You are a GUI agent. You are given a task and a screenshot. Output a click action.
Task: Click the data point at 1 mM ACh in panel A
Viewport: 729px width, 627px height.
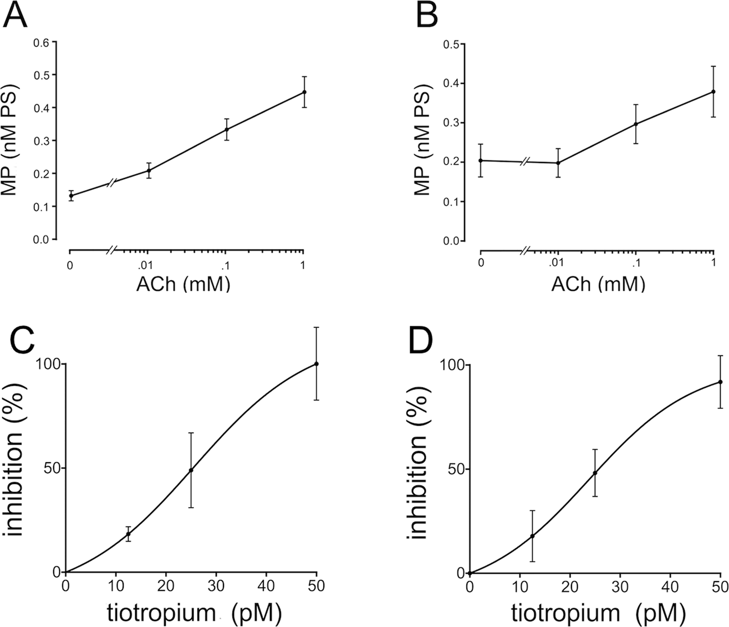[304, 92]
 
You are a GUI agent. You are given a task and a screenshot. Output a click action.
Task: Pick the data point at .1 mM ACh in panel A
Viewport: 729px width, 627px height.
[226, 129]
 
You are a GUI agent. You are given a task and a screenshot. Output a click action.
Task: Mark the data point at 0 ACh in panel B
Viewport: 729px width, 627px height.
[480, 160]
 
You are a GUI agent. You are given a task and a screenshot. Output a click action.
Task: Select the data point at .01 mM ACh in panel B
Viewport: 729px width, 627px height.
[558, 163]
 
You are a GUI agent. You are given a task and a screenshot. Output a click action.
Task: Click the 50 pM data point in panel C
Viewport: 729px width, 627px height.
[316, 363]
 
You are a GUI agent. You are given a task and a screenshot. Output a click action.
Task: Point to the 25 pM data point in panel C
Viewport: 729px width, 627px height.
[191, 470]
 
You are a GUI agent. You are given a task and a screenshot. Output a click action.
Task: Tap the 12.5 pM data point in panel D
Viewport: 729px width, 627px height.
[532, 536]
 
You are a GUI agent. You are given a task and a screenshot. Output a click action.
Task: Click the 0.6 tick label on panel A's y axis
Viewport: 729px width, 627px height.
[49, 42]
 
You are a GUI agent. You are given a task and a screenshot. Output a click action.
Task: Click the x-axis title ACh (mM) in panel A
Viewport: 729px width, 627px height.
[183, 284]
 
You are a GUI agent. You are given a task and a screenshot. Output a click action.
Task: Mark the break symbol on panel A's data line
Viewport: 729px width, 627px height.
[111, 182]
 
